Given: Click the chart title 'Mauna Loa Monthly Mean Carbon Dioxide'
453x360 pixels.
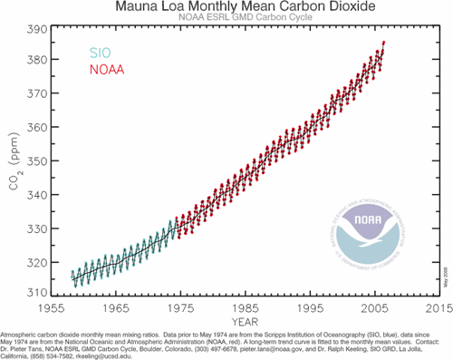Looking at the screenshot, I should click(x=233, y=7).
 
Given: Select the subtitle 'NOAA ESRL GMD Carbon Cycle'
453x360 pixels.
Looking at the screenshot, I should click(x=233, y=20).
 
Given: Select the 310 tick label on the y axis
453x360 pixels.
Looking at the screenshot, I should click(x=32, y=293).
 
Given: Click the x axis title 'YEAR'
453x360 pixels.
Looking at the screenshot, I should click(x=237, y=320).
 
